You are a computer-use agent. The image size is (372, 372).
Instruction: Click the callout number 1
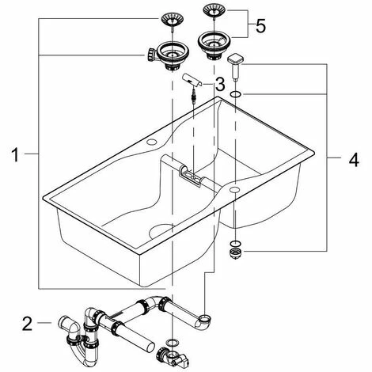(15, 155)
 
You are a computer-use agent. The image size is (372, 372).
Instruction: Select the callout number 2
(27, 324)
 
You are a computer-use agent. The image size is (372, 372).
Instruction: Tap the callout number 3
(220, 85)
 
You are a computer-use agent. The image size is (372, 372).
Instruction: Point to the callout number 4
(354, 160)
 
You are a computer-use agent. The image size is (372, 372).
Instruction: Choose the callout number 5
(260, 26)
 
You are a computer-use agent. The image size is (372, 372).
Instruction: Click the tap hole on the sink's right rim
(234, 189)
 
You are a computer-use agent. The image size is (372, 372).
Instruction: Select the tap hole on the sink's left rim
(151, 142)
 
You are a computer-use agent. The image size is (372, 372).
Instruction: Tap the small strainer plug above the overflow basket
(173, 22)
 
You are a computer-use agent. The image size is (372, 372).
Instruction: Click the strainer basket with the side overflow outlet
(169, 55)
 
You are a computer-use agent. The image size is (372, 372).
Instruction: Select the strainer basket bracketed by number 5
(214, 45)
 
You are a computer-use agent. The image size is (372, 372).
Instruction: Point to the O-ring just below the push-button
(235, 94)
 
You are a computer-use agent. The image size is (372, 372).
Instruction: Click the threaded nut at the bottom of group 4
(235, 254)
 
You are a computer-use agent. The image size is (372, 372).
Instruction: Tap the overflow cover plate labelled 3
(192, 80)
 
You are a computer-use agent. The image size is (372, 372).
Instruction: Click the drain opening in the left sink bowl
(161, 231)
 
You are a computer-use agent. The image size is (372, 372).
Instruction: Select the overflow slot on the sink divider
(192, 176)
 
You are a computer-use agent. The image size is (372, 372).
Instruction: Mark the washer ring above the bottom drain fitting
(173, 343)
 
